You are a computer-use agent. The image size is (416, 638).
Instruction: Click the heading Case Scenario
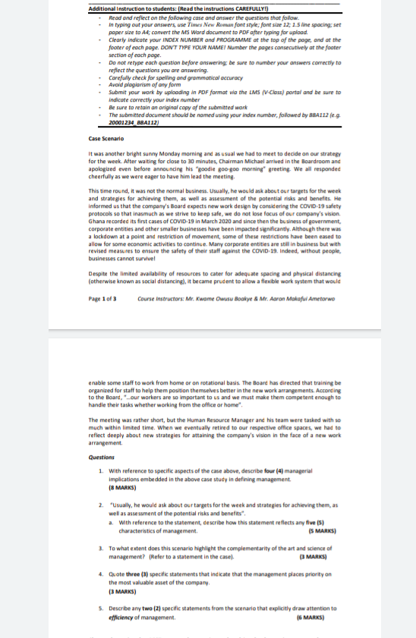point(106,139)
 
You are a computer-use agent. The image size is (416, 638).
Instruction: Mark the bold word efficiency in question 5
point(124,617)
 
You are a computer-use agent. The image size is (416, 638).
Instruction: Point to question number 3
point(101,548)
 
